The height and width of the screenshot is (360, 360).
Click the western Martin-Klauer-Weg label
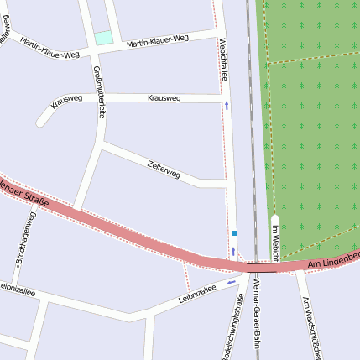[50, 48]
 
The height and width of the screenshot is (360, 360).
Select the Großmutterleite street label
[100, 92]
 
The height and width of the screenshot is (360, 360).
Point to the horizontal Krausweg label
[164, 98]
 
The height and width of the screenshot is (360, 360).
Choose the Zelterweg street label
[164, 169]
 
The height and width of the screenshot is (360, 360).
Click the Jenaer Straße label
[25, 192]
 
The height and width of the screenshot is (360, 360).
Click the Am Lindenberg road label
[333, 260]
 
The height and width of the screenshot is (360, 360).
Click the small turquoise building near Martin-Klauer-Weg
[103, 38]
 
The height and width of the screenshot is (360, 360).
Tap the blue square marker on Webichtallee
[234, 232]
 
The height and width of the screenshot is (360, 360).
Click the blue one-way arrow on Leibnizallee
[231, 283]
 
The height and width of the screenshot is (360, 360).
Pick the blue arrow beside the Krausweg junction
[226, 106]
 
